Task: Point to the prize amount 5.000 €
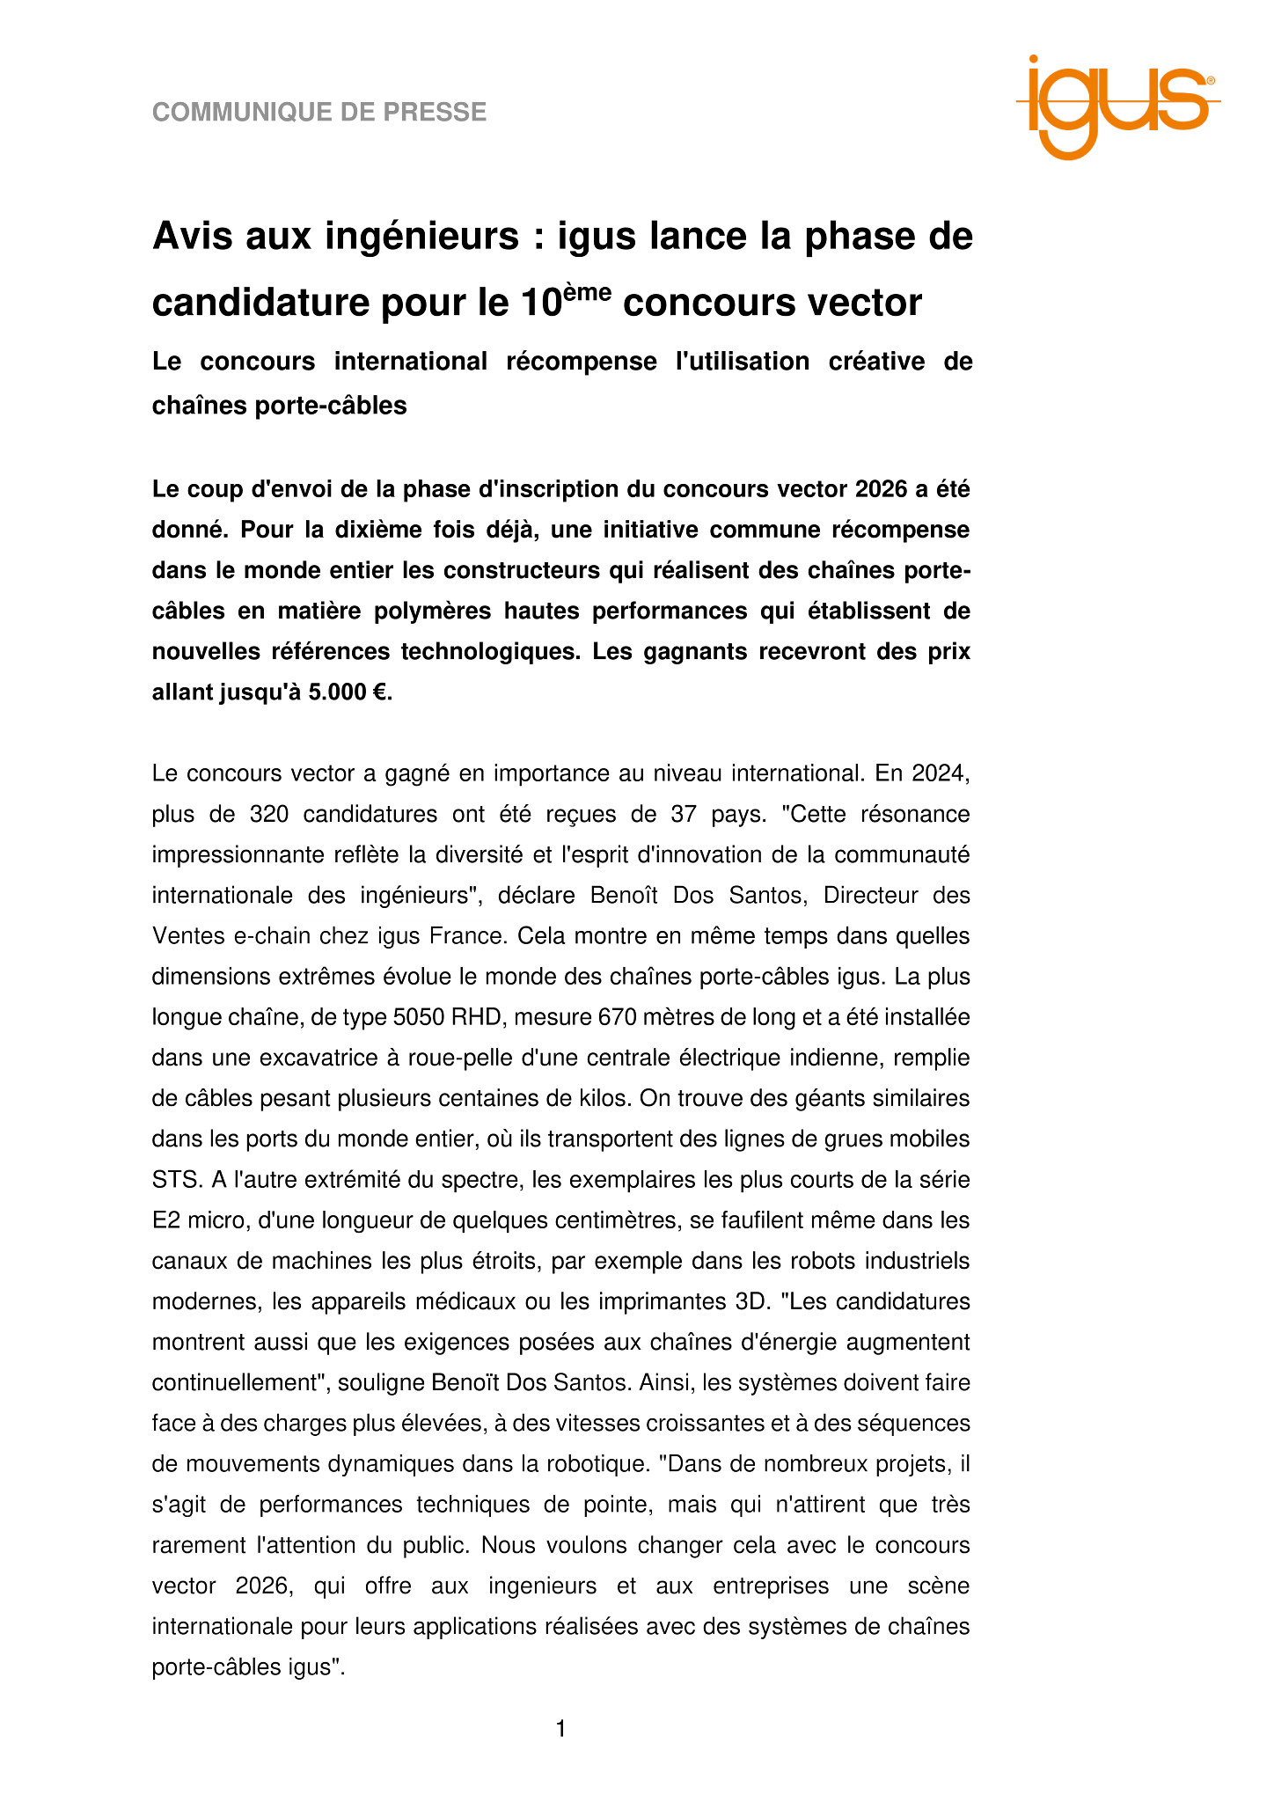[347, 692]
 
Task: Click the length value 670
[617, 1017]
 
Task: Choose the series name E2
[166, 1220]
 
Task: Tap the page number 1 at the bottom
[560, 1729]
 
